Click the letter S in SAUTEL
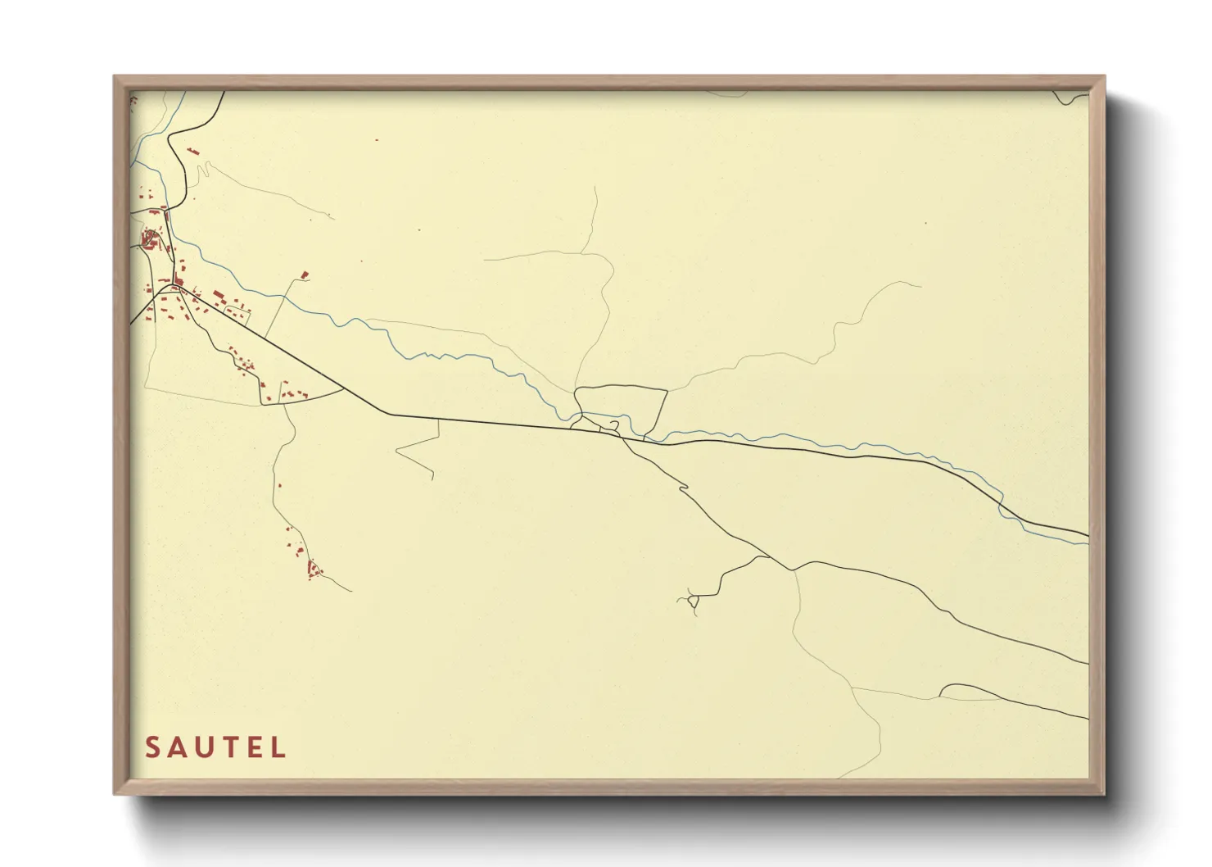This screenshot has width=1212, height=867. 152,747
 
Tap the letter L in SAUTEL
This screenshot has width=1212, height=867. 280,747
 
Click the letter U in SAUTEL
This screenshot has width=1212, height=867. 204,747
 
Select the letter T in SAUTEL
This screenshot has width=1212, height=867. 230,747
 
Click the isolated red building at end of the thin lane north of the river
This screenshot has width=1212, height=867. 305,275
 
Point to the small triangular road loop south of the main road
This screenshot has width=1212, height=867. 694,604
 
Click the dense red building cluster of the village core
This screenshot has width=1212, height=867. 149,240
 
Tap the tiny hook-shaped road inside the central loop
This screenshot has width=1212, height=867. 613,425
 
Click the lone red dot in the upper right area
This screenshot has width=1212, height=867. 926,222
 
